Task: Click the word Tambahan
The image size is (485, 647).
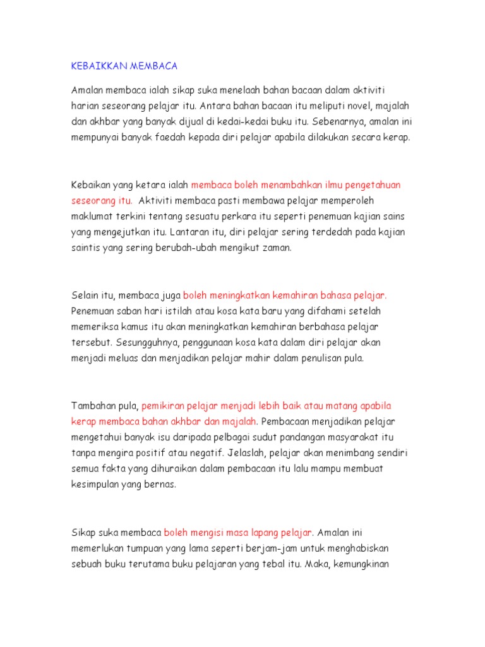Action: pos(93,406)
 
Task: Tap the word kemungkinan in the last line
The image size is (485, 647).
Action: pos(366,564)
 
